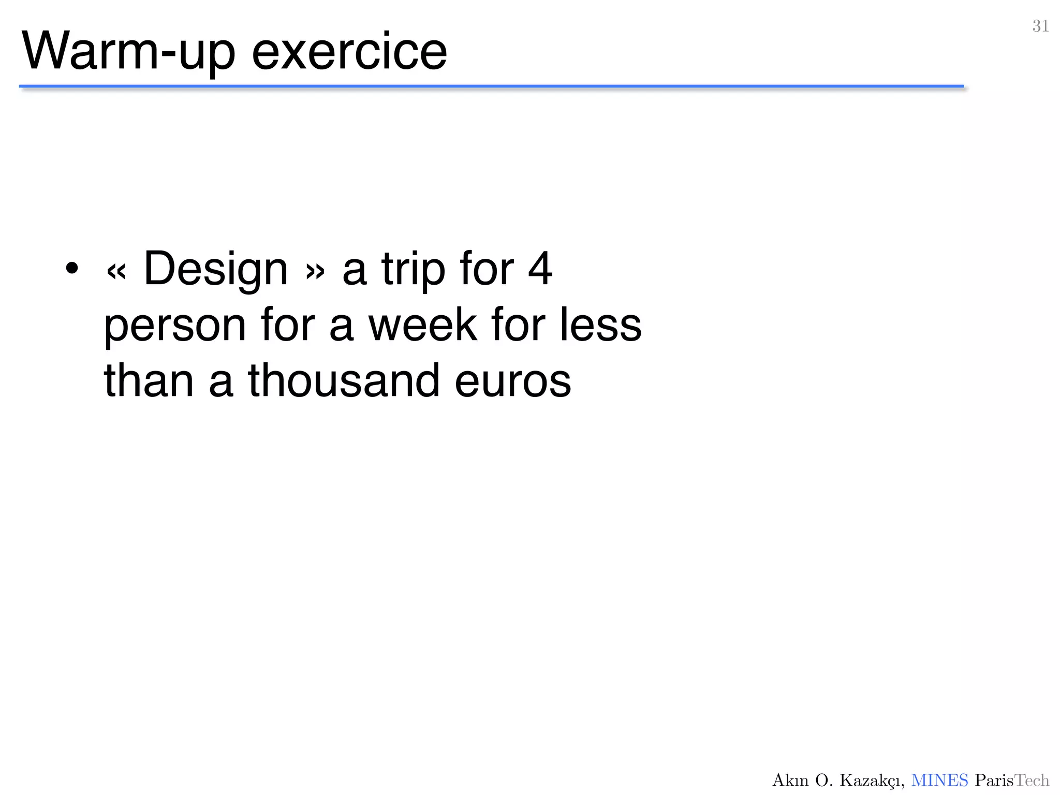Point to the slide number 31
[x=1040, y=26]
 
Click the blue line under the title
[x=492, y=86]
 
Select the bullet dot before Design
[x=72, y=268]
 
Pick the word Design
[x=215, y=269]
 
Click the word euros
[x=513, y=382]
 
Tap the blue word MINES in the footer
[x=939, y=780]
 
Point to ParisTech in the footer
[x=1012, y=780]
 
